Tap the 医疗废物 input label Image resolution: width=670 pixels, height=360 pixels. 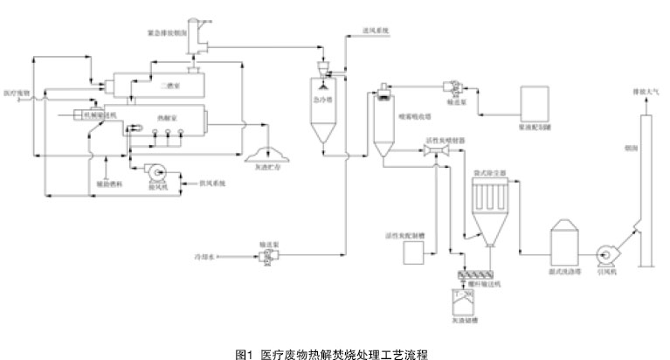[x=17, y=91]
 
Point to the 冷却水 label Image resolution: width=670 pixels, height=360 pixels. [x=204, y=256]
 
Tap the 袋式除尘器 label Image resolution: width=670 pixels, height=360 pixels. [x=486, y=173]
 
